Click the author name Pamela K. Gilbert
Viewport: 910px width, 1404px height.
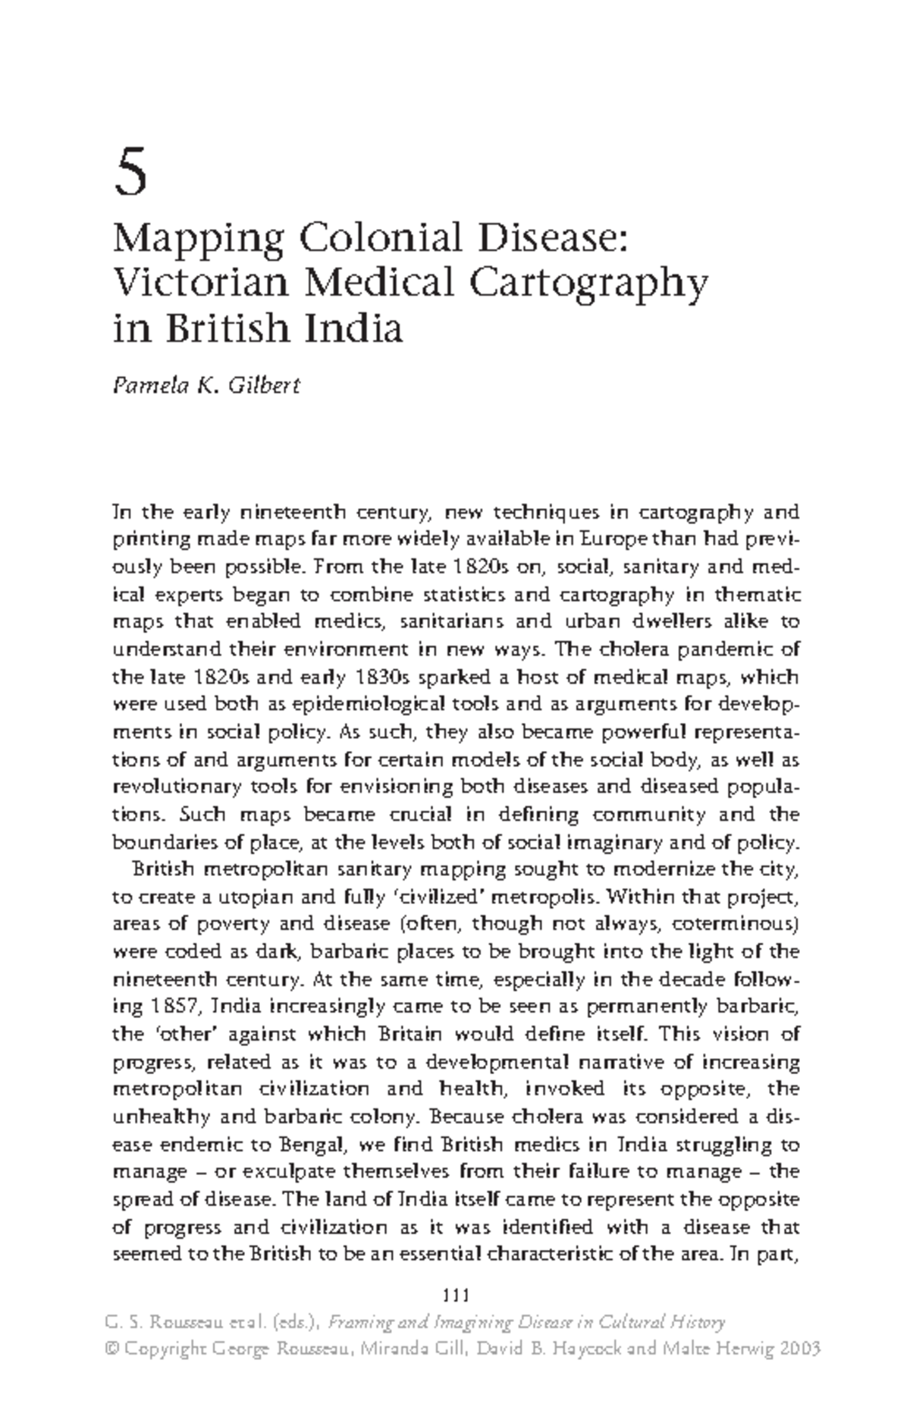[x=206, y=385]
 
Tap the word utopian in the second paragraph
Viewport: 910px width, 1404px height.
[x=256, y=897]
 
